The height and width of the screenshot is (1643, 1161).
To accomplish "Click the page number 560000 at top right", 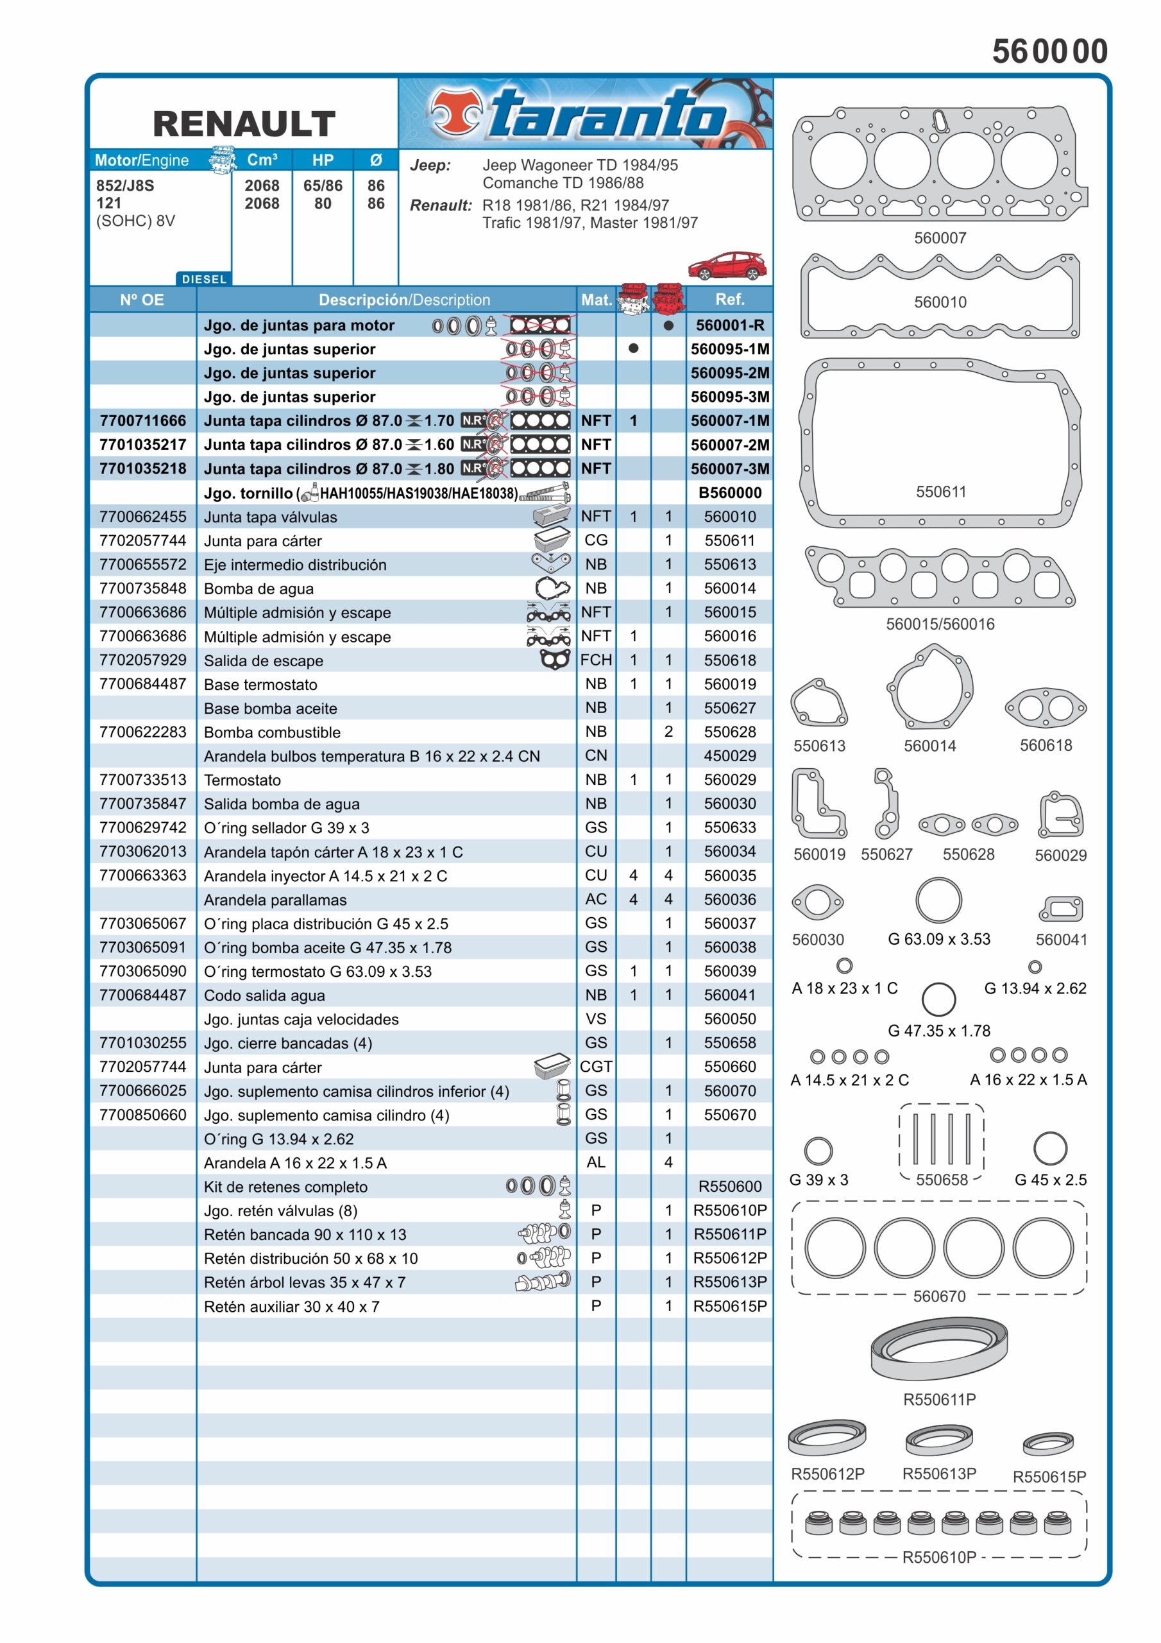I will [1049, 51].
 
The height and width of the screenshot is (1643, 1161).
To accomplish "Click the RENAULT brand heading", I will [244, 123].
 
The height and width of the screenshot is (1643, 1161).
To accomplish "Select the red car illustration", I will [726, 266].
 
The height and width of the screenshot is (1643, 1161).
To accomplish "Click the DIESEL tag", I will [204, 279].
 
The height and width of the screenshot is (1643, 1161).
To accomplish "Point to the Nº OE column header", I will [142, 300].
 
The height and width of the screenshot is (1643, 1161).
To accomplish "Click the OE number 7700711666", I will [142, 421].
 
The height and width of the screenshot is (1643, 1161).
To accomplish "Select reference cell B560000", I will [730, 492].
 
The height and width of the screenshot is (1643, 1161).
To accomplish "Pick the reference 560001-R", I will [730, 325].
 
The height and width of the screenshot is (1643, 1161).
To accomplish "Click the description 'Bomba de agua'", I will [258, 589].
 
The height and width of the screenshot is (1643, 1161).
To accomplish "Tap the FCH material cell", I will [595, 660].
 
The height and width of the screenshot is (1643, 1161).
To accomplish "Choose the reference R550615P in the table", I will [730, 1306].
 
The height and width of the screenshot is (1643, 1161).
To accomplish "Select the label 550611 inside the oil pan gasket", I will [941, 492].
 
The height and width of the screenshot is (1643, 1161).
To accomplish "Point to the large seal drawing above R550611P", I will [938, 1349].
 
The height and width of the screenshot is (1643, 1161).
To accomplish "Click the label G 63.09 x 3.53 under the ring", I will [938, 939].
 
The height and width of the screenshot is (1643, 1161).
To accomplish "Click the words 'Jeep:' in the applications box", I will [430, 166].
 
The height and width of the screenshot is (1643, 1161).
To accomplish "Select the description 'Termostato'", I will [242, 780].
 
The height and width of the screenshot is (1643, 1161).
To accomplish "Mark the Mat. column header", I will [595, 300].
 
